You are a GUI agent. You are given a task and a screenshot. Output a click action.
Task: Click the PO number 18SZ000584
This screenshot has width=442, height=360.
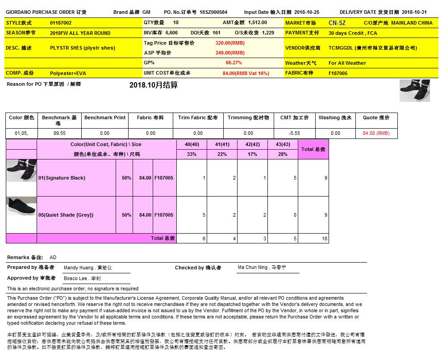213,13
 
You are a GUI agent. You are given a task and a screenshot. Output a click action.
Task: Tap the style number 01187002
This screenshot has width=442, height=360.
61,23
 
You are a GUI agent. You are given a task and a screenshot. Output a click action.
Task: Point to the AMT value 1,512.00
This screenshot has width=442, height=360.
258,22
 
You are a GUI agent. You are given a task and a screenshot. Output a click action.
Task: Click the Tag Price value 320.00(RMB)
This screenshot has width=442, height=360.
230,43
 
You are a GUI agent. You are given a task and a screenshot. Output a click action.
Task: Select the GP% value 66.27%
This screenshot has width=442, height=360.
234,63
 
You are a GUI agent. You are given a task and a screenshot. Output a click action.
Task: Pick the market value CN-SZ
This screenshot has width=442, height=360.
337,23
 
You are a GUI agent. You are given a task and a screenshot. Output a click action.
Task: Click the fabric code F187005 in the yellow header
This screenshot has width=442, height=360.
338,73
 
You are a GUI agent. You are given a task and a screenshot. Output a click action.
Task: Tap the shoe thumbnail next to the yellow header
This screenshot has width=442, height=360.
415,91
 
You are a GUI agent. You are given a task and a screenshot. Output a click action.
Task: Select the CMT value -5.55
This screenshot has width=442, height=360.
294,133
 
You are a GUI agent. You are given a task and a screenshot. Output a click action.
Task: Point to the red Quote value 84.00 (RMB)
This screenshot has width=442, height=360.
376,133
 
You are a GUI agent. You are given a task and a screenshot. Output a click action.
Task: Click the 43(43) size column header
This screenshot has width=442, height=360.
283,144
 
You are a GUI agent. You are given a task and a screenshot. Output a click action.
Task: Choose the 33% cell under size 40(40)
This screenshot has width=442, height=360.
192,154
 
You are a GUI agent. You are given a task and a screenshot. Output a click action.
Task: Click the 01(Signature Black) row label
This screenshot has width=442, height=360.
62,178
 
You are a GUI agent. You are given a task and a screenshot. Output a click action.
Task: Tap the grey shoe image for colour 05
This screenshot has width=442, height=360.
21,206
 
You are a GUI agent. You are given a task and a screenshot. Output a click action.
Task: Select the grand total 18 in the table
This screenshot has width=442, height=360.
325,239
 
